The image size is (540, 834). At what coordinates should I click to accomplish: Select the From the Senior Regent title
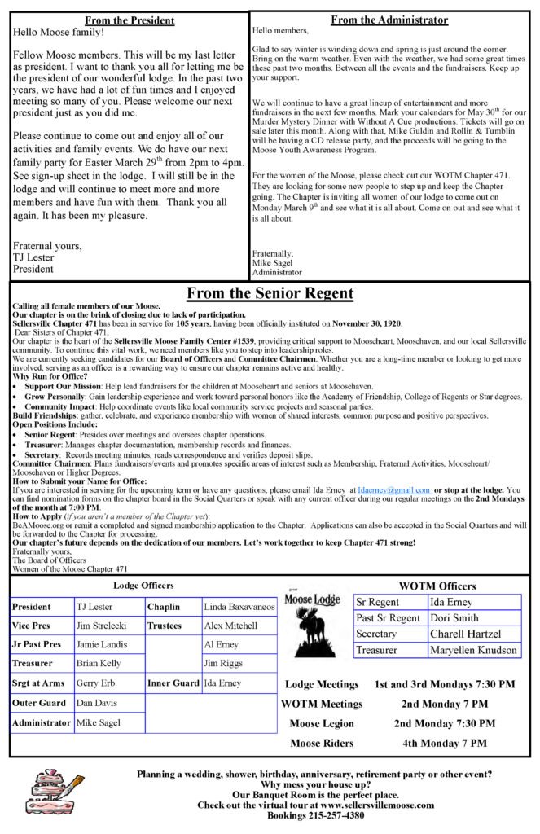pos(269,292)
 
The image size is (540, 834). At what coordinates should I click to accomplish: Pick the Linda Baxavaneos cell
pos(239,608)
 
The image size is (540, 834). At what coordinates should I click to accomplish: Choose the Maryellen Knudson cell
pos(473,650)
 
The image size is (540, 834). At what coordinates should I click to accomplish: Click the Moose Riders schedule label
pos(322,743)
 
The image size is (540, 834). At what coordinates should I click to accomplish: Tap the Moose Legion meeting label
pos(322,723)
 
